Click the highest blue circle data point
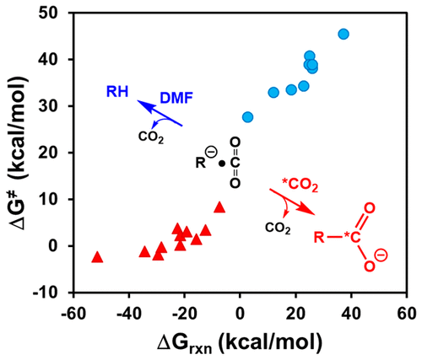(344, 35)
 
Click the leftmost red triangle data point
(97, 256)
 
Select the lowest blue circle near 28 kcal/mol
(247, 117)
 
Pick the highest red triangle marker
(219, 207)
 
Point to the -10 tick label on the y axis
(51, 293)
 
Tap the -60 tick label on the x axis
(73, 312)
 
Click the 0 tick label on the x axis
(240, 312)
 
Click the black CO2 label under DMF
(151, 135)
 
